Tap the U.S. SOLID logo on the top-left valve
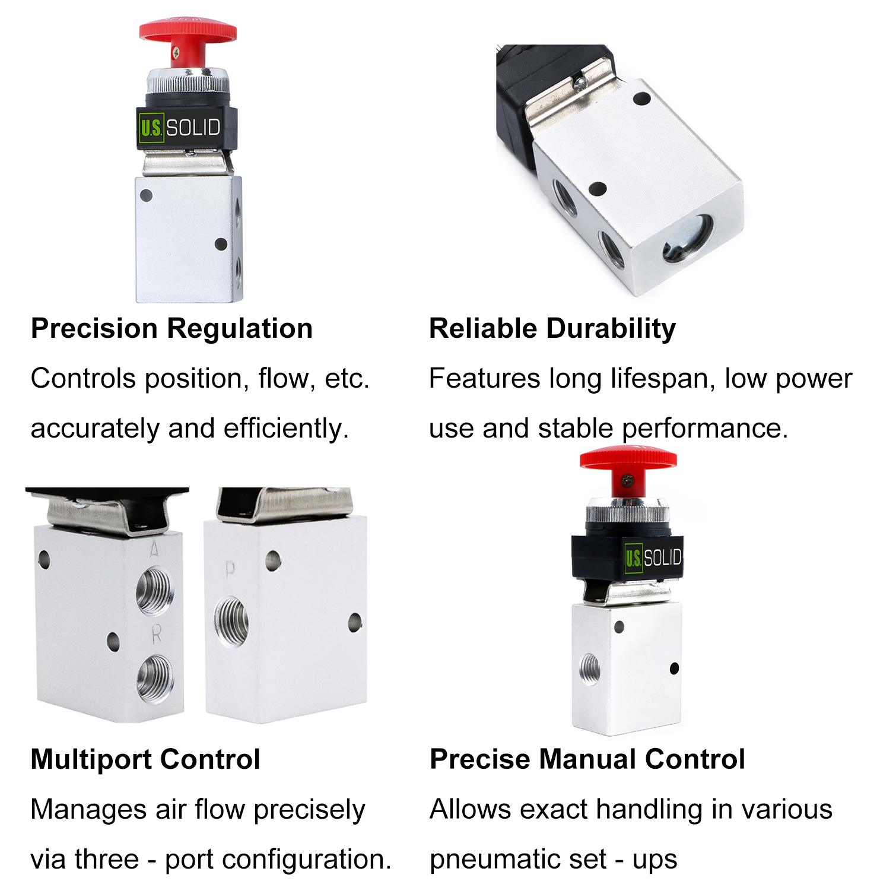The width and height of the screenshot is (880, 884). point(180,128)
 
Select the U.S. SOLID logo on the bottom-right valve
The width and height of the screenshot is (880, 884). point(653,557)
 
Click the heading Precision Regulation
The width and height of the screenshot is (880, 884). point(171,328)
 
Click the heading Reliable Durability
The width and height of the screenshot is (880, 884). point(552,328)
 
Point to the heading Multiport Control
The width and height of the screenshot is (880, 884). point(145,759)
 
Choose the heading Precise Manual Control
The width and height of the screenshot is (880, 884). point(587,759)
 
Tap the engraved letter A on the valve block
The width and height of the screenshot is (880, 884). point(154,549)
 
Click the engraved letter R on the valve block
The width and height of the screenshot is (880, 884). point(156,634)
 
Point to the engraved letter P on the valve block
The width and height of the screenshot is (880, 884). point(230,570)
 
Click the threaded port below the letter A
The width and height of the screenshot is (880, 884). point(155,591)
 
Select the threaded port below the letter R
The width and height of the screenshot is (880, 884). point(155,679)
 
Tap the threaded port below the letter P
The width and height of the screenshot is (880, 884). point(231,621)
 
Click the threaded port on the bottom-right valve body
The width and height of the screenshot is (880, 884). point(590,670)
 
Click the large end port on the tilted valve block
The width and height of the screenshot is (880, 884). point(688,238)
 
